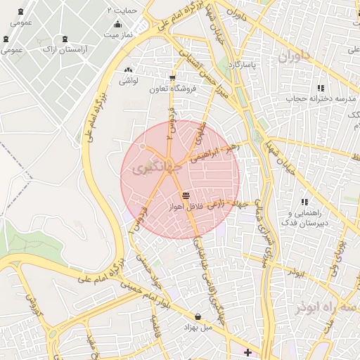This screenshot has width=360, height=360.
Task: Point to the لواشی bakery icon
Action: pos(127,71)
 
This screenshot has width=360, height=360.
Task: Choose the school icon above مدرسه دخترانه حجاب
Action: pos(321,89)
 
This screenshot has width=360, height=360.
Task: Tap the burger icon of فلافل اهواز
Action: pos(186,196)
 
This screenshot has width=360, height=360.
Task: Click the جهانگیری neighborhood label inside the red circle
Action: pos(150,169)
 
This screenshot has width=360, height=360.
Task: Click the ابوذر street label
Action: pos(296,271)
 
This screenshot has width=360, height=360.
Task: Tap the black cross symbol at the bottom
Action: pos(247,352)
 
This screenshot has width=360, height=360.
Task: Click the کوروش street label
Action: pos(31,304)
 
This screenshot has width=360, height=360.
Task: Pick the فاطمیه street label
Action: pos(154,326)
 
